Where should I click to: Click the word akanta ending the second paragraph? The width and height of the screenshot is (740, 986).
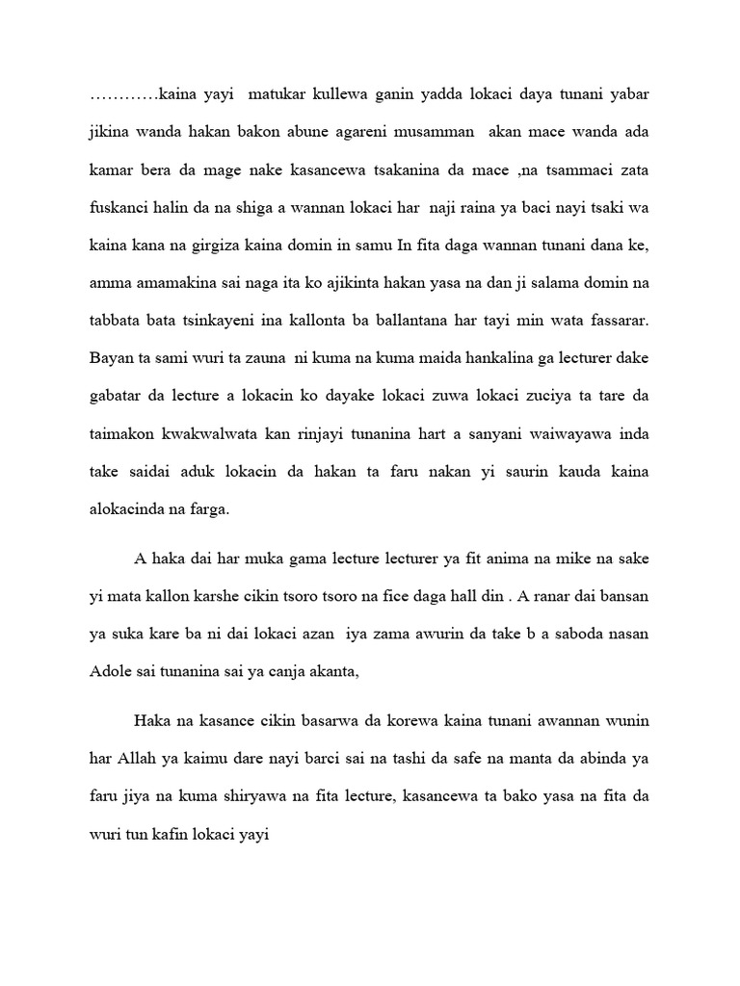tap(331, 673)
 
